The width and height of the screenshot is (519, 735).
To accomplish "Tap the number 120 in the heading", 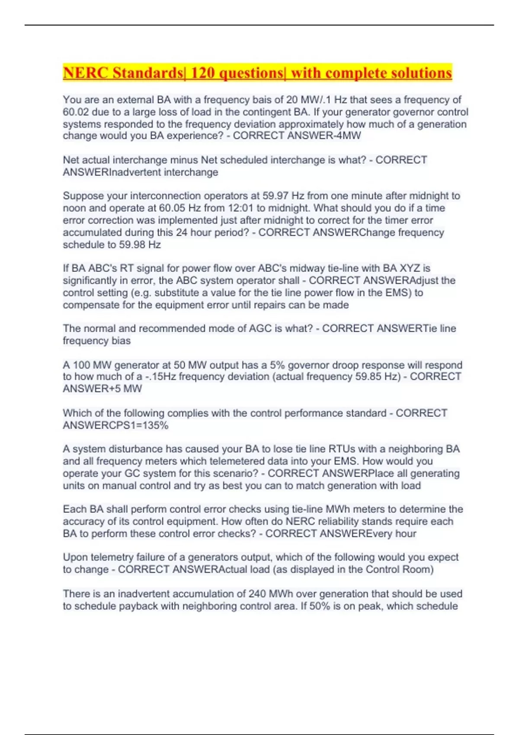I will click(x=202, y=73).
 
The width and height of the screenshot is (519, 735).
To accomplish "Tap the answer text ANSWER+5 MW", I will click(x=103, y=389).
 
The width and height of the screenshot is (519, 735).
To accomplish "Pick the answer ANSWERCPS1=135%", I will click(x=115, y=425).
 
